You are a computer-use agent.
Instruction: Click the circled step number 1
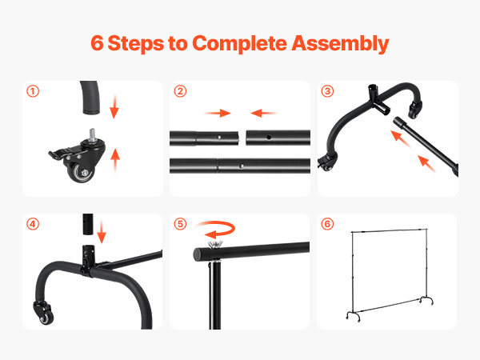pos(33,91)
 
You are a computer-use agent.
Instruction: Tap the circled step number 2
pos(180,91)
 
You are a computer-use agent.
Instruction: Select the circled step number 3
pos(327,91)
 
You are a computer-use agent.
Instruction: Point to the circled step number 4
pos(33,224)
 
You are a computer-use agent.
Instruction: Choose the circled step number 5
pos(180,224)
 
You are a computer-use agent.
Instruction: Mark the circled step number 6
pos(327,224)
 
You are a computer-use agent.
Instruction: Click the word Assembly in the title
pos(340,43)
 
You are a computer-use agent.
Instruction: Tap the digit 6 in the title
pos(97,43)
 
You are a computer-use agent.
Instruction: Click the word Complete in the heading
pos(239,43)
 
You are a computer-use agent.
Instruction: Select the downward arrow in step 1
pos(114,106)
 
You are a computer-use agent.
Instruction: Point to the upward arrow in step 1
pos(115,161)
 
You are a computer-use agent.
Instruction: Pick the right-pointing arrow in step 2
pos(218,114)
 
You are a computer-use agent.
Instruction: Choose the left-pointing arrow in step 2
pos(263,114)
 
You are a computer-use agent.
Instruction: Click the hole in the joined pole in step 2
pos(242,166)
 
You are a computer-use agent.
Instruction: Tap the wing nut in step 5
pos(215,244)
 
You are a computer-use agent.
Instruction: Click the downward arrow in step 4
pos(102,231)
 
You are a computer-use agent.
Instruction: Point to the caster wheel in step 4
pos(46,318)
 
